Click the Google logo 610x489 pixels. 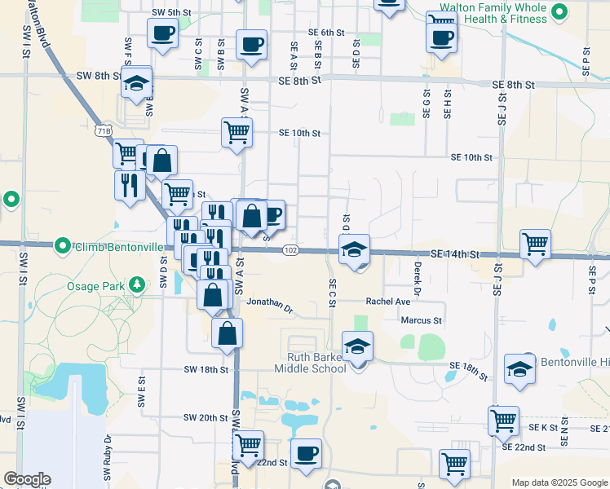[x=27, y=479]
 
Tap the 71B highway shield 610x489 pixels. [x=102, y=130]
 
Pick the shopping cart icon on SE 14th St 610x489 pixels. [x=535, y=243]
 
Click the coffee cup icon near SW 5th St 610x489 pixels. [x=162, y=33]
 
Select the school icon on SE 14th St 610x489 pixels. [x=355, y=249]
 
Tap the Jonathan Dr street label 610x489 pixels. [x=270, y=304]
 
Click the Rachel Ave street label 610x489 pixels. [x=387, y=301]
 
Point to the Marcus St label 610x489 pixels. [x=421, y=320]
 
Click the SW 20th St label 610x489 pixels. [x=206, y=417]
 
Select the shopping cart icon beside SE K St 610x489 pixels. [x=503, y=421]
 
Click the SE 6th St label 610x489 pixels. [x=326, y=33]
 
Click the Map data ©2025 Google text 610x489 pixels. [x=559, y=482]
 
